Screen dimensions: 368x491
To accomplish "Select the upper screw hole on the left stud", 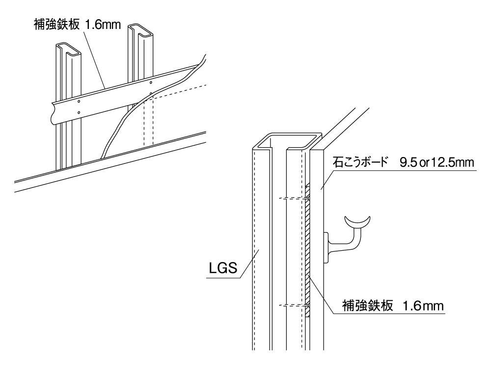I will (79, 102).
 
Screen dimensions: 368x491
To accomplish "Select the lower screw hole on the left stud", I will (79, 112).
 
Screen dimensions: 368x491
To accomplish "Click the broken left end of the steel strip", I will (52, 113).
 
